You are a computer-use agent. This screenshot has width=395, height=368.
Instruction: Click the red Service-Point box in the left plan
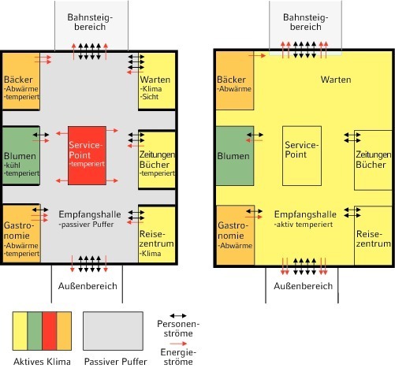pyautogui.click(x=87, y=155)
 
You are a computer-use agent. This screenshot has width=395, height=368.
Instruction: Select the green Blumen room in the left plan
pyautogui.click(x=21, y=156)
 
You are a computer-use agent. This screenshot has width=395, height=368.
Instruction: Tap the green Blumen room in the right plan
pyautogui.click(x=235, y=156)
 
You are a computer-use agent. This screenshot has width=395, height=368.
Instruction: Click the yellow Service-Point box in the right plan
pyautogui.click(x=302, y=156)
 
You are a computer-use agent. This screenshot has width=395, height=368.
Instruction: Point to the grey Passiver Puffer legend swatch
pyautogui.click(x=113, y=331)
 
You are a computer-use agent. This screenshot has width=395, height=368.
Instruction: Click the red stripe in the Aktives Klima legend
pyautogui.click(x=49, y=331)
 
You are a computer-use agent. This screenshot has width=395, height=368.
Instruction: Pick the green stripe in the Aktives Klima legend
pyautogui.click(x=35, y=331)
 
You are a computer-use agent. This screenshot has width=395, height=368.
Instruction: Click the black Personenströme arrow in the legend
pyautogui.click(x=178, y=315)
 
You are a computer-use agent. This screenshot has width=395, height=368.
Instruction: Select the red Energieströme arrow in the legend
pyautogui.click(x=178, y=344)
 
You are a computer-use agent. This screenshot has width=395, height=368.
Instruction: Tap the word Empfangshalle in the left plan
pyautogui.click(x=90, y=214)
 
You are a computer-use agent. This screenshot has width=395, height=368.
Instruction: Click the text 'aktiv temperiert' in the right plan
pyautogui.click(x=304, y=225)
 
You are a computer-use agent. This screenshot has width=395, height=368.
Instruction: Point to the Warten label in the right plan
pyautogui.click(x=336, y=80)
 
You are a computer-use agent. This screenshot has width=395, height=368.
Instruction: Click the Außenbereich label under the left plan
pyautogui.click(x=88, y=286)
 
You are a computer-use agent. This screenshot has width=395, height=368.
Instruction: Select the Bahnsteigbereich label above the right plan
pyautogui.click(x=306, y=22)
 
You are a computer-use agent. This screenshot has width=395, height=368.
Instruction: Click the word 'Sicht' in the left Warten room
pyautogui.click(x=150, y=97)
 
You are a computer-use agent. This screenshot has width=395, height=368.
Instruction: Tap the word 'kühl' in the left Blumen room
pyautogui.click(x=13, y=165)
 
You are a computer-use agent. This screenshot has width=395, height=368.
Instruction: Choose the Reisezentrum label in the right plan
pyautogui.click(x=374, y=239)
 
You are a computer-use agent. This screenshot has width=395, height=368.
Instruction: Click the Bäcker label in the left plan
pyautogui.click(x=18, y=80)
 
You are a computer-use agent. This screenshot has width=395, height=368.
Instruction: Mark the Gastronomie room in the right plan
pyautogui.click(x=236, y=235)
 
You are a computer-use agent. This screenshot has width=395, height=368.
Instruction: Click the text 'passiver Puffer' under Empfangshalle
pyautogui.click(x=87, y=225)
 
